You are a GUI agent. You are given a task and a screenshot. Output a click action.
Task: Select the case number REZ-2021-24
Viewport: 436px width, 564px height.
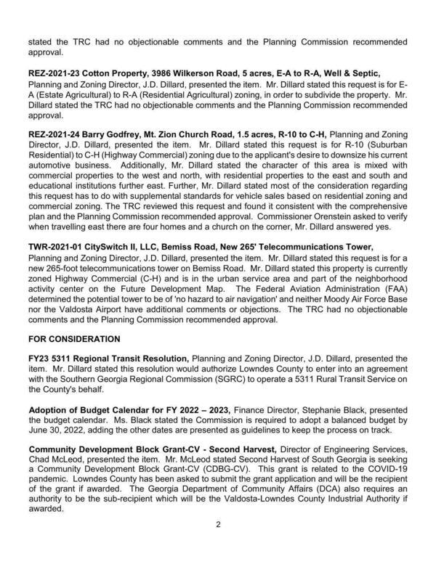click(58, 134)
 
